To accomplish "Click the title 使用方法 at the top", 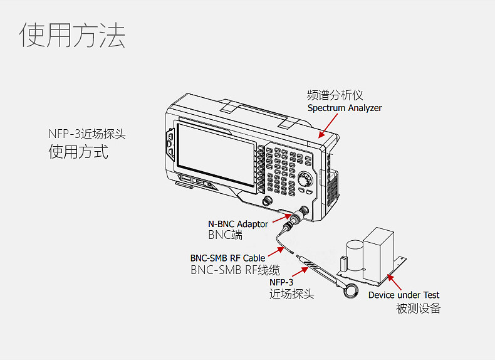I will click(73, 36).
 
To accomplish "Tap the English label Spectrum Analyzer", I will click(344, 108).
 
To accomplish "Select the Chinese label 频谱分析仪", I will click(335, 95).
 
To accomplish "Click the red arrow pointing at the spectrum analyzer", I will click(321, 130).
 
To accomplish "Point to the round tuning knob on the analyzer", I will click(305, 179).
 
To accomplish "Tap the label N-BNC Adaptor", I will click(237, 224).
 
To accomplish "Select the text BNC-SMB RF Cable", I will click(227, 258).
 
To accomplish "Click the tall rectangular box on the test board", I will click(379, 248).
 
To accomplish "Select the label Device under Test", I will click(404, 295).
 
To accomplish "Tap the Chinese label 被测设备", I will click(418, 308).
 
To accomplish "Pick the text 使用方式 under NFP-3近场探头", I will click(78, 152).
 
